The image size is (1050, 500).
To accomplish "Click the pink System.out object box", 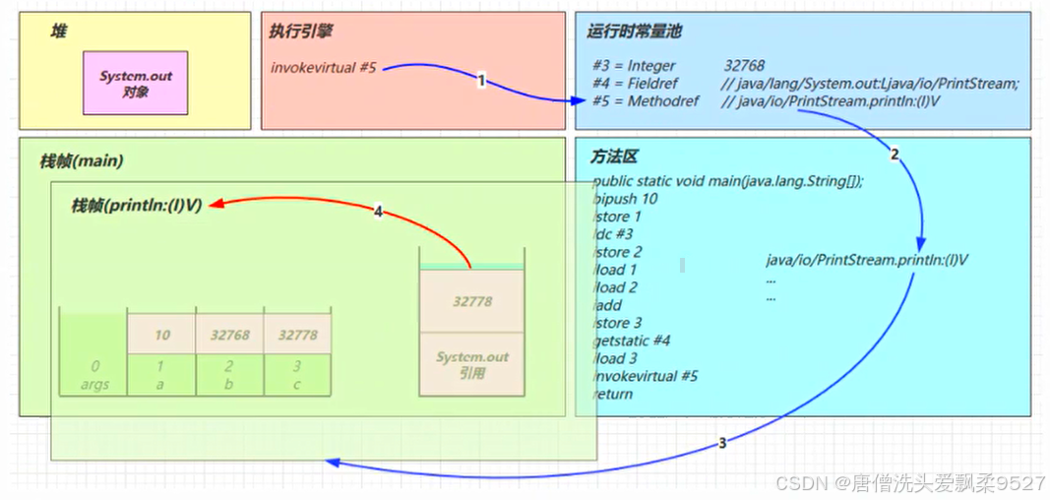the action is (x=135, y=83).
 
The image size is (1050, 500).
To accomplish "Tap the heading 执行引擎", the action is (x=300, y=31).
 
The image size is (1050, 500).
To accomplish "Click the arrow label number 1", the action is (x=481, y=81).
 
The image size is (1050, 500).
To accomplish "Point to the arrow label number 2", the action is (x=894, y=154).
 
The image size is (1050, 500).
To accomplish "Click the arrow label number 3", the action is (x=721, y=443).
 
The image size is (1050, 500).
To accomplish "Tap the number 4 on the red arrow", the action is (x=378, y=211).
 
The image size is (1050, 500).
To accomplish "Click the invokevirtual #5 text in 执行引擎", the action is (x=324, y=68).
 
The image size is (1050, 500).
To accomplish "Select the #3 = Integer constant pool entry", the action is (x=635, y=65).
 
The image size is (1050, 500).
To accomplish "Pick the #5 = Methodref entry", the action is (x=646, y=100).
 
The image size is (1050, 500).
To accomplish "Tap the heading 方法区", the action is (x=615, y=156).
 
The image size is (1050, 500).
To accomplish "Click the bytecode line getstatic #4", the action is (x=632, y=341).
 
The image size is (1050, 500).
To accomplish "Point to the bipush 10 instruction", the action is (x=626, y=198).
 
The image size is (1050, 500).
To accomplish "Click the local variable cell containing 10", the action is (x=162, y=335).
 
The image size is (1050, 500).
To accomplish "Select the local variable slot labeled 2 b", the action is (x=229, y=375).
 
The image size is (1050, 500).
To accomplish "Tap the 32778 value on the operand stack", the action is (x=472, y=302).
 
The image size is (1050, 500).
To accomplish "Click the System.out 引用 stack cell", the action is (x=472, y=364).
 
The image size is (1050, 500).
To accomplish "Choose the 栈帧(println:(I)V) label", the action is (x=136, y=205).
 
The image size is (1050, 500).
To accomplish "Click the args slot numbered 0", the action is (x=94, y=375).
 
